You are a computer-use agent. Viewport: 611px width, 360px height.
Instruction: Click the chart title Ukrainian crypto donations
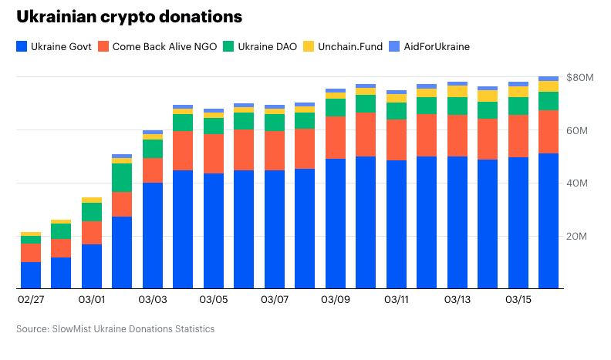129,17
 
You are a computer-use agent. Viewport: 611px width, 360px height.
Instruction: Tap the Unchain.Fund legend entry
343,46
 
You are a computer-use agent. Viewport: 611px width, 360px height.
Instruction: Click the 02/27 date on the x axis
31,298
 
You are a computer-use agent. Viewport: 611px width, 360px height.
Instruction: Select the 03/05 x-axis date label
214,298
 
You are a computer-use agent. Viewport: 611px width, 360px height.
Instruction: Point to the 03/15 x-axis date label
518,298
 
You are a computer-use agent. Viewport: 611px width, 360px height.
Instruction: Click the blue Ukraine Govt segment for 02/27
31,275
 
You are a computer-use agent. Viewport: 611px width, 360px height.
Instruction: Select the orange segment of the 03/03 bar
153,170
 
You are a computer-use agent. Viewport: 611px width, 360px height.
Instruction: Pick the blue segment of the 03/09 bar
336,224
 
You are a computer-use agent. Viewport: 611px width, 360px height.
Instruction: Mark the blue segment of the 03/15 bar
518,223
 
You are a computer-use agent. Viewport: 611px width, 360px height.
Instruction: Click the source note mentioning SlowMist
115,329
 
